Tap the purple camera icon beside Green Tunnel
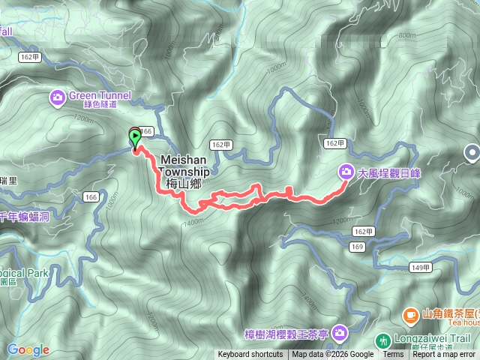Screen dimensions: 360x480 coord(58,96)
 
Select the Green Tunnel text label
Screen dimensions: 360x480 coord(100,96)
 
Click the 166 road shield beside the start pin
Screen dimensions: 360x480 coord(146,131)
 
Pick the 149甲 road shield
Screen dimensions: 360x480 coord(421,266)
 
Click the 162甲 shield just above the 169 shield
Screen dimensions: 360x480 coord(363,232)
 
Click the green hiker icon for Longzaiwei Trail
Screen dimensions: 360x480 coord(383,340)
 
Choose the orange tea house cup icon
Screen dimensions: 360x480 coord(410,314)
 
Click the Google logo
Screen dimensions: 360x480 coord(28,349)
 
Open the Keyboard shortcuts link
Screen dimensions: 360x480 coord(250,355)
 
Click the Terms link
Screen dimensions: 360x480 coord(393,355)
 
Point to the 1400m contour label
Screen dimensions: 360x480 coord(193,222)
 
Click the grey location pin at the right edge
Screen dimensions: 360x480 coord(472,153)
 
